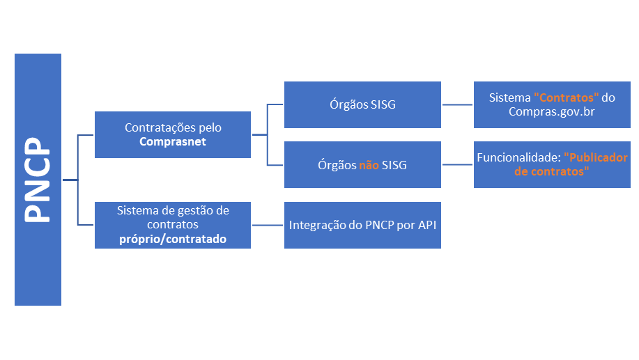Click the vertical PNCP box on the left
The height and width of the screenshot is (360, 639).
(38, 180)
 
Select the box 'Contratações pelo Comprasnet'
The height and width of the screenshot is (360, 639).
(173, 134)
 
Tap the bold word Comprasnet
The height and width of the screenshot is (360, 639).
(173, 141)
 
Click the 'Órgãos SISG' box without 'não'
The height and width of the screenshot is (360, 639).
(362, 105)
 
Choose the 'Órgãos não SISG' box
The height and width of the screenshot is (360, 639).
(362, 165)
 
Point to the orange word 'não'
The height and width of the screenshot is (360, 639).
(369, 166)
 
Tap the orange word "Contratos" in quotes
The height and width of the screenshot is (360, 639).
(567, 98)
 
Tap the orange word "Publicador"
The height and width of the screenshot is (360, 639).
(596, 158)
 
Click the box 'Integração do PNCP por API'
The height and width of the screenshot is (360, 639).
(362, 225)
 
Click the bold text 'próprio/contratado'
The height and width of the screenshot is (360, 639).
(173, 239)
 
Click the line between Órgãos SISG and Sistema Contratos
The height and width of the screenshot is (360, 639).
(457, 105)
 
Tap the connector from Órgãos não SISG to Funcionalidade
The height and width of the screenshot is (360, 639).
(457, 165)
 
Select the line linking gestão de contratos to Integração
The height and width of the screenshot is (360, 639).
(268, 225)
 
